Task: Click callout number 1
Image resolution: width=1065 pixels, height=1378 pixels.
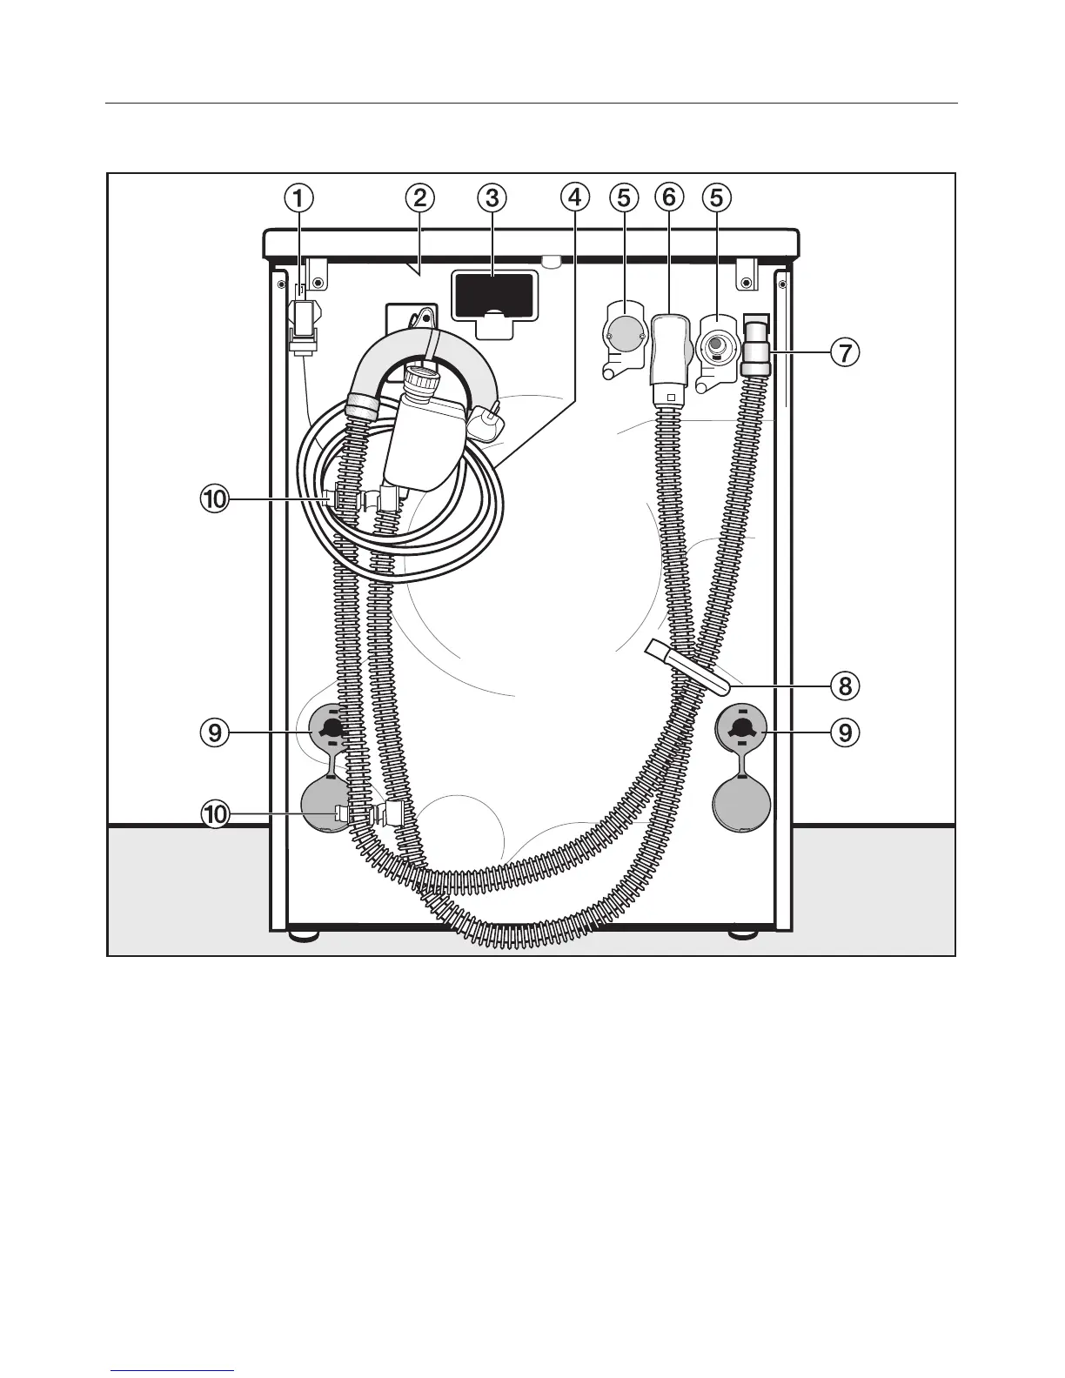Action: tap(298, 198)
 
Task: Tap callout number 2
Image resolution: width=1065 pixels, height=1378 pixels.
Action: tap(419, 198)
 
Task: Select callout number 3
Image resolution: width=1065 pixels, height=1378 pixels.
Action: tap(492, 198)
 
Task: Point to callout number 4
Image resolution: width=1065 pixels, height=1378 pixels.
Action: tap(573, 198)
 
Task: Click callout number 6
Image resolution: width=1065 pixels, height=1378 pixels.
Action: tap(668, 198)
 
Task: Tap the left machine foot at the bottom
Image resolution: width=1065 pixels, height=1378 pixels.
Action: tap(302, 935)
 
